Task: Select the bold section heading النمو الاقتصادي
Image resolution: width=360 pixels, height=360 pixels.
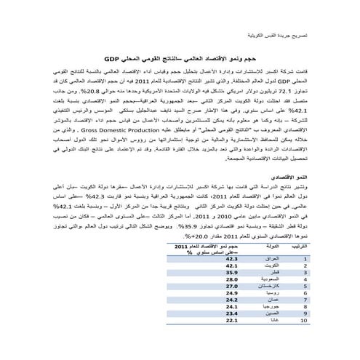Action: coord(284,178)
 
